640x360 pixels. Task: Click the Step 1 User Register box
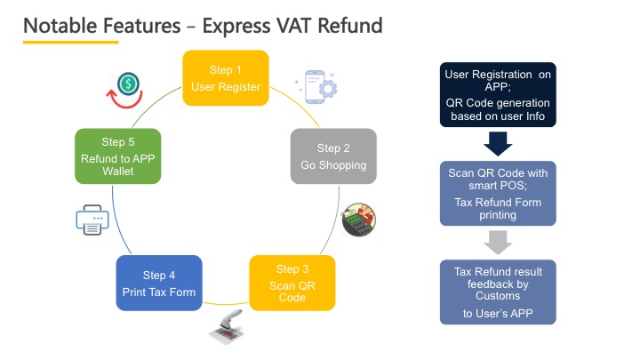[226, 78]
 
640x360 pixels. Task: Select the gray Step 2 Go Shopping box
[333, 156]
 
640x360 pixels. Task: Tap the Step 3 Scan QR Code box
[292, 283]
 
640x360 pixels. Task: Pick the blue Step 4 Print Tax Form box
[159, 283]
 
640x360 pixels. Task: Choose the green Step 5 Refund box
[118, 156]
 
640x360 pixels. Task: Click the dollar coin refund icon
[125, 90]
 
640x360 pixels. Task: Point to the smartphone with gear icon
[317, 86]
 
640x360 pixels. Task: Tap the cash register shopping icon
[359, 220]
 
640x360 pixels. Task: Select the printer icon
[92, 220]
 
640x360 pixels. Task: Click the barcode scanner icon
[228, 327]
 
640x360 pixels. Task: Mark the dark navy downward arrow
[498, 144]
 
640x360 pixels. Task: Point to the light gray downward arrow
[498, 243]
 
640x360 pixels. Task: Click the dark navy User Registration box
[498, 95]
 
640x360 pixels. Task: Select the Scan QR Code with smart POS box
[498, 194]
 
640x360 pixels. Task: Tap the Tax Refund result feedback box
[498, 292]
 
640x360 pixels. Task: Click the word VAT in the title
[295, 25]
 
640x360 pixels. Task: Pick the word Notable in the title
[60, 25]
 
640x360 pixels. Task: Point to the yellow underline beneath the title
[70, 42]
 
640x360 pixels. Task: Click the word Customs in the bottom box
[498, 296]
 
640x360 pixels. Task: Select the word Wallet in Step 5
[118, 172]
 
